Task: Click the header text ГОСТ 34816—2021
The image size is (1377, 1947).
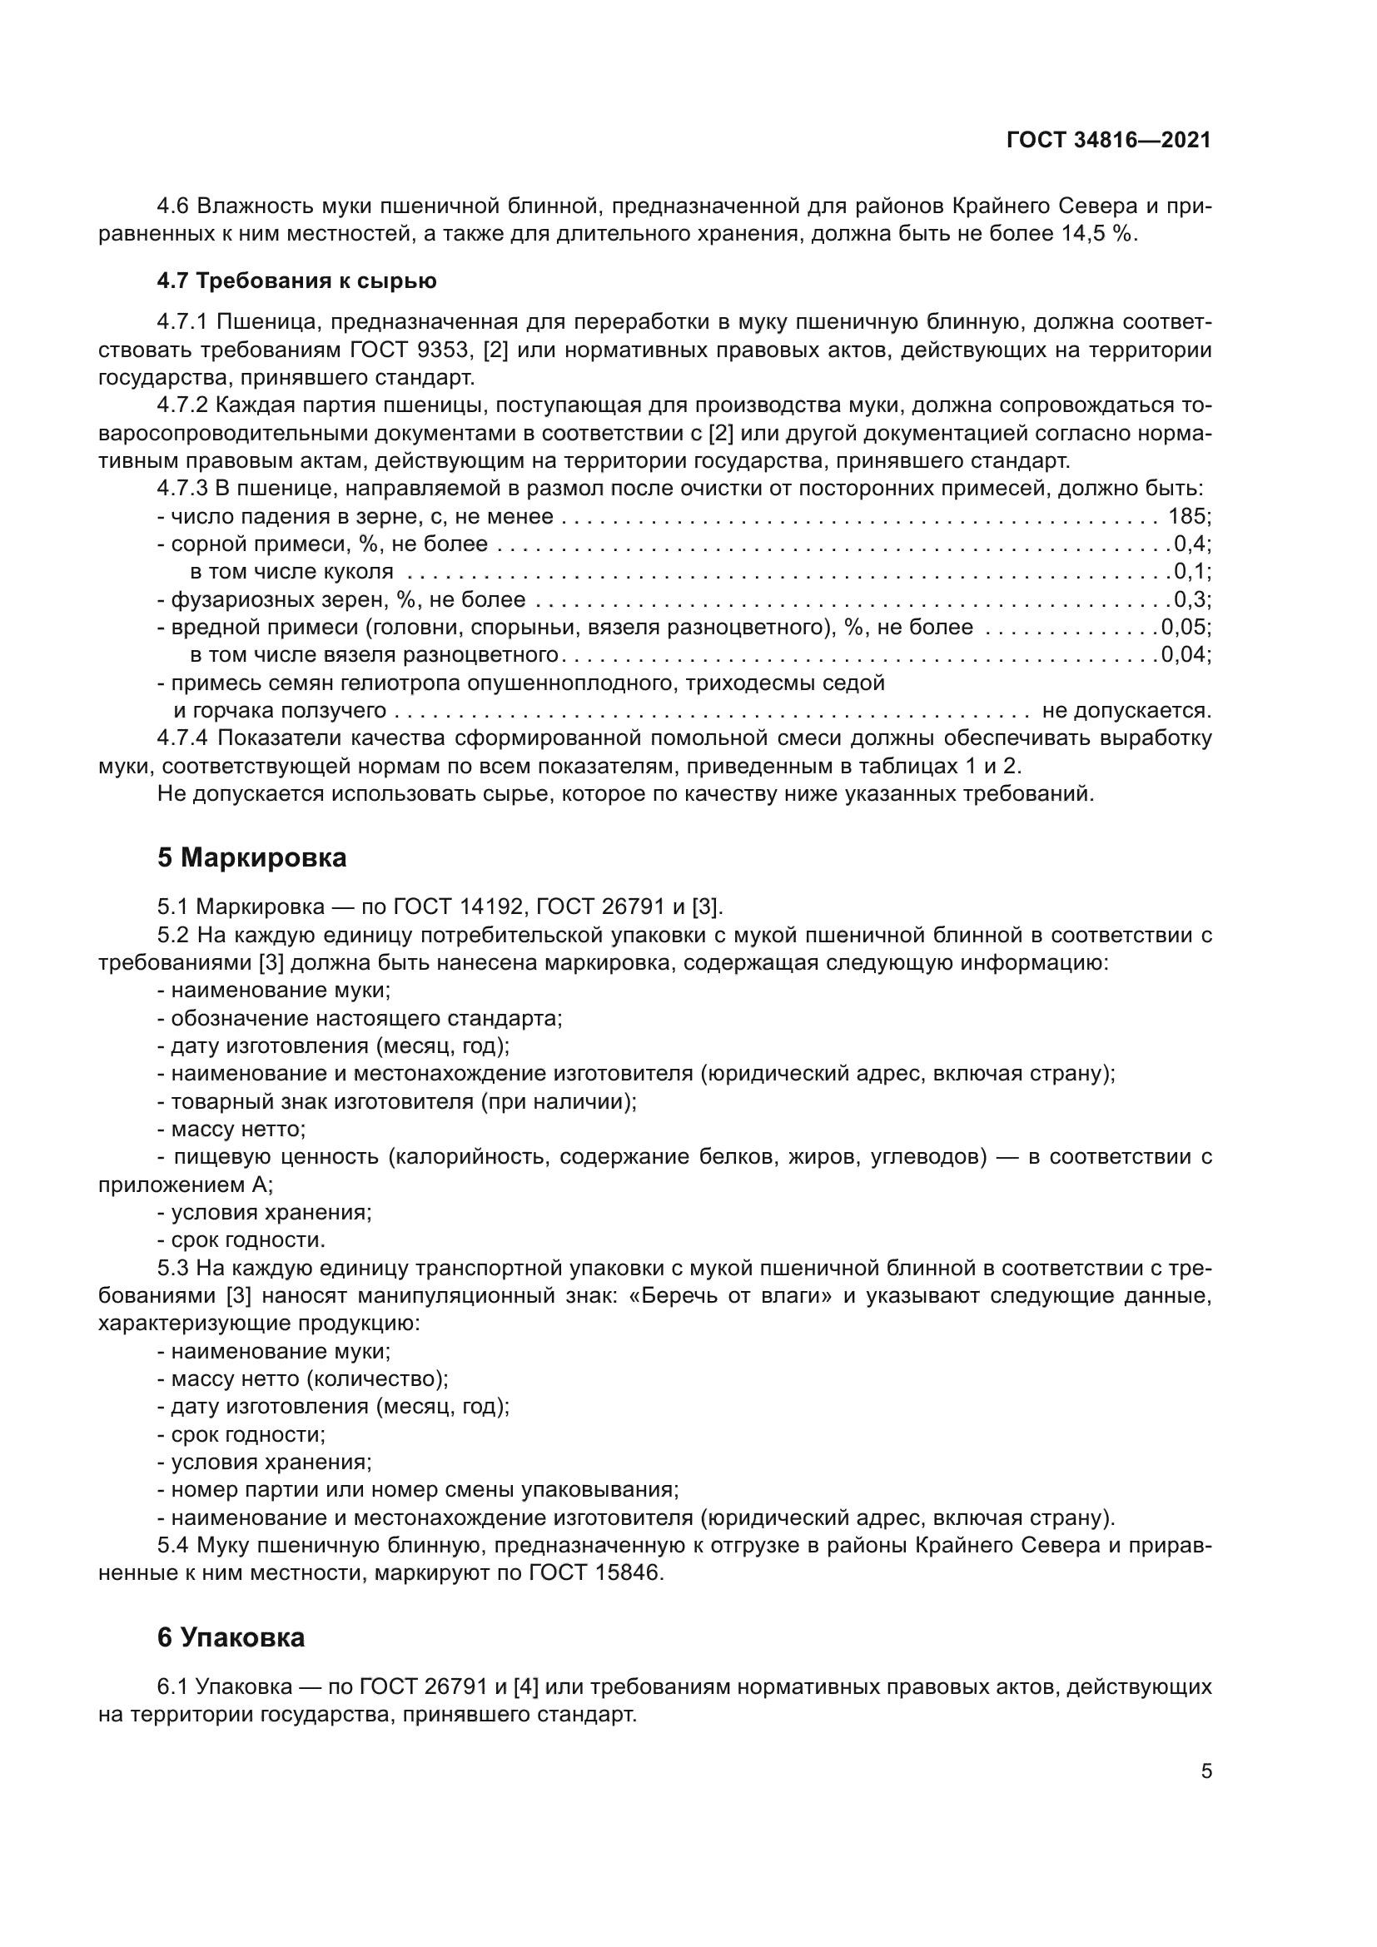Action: click(x=1108, y=141)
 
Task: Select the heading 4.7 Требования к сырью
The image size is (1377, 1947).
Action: click(x=296, y=281)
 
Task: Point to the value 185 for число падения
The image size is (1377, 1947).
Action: click(x=1186, y=516)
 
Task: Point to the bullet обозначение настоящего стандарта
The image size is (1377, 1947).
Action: click(x=366, y=1018)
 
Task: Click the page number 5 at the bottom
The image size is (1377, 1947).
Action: click(x=1205, y=1771)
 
